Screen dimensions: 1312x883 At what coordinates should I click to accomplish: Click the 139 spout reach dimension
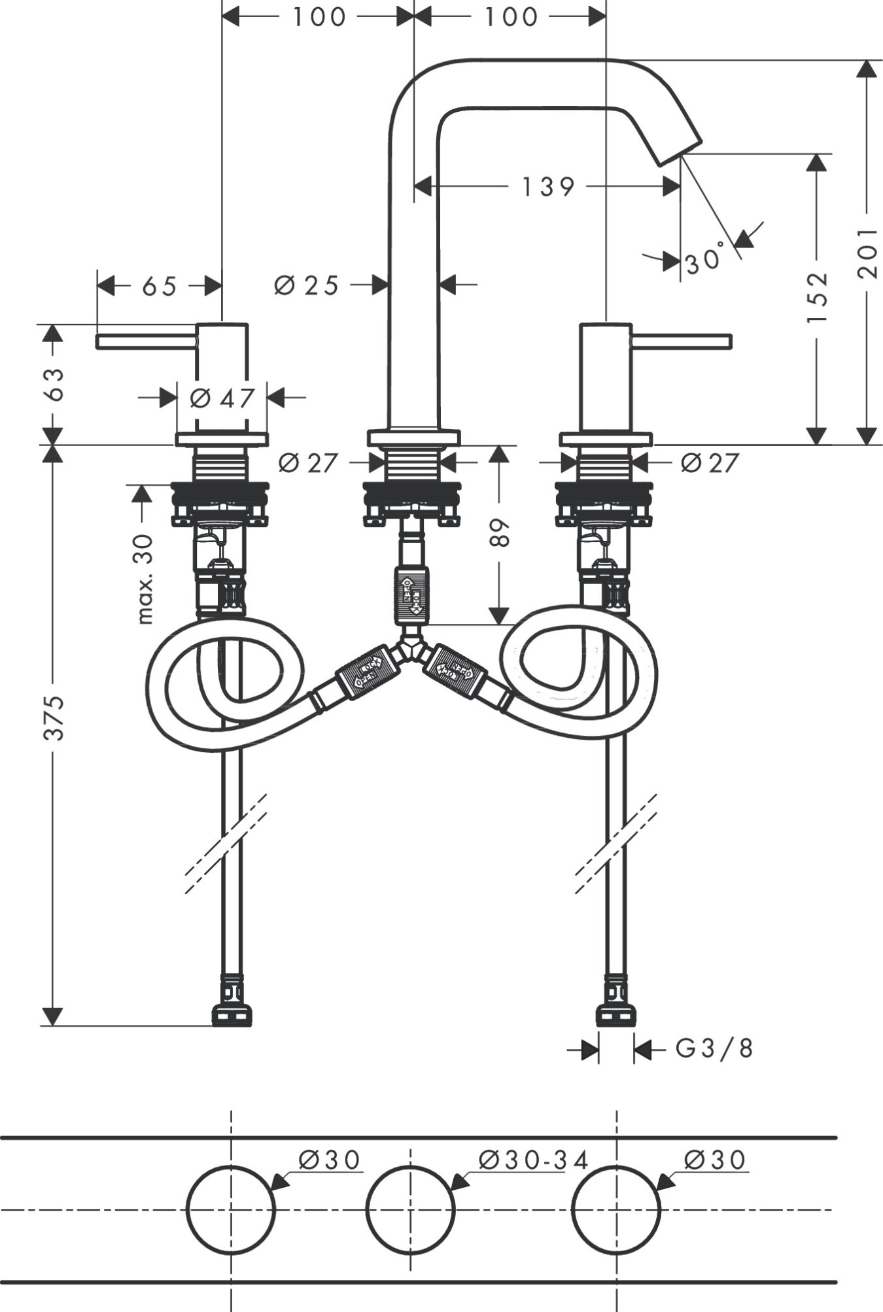click(547, 188)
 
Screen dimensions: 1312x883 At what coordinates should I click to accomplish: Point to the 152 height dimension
click(816, 298)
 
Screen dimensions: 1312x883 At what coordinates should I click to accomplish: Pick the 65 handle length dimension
click(159, 286)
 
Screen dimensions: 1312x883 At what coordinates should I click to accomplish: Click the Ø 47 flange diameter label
click(222, 398)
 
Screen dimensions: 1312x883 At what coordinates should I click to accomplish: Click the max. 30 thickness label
click(145, 579)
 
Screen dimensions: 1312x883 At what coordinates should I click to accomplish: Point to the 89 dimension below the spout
click(500, 533)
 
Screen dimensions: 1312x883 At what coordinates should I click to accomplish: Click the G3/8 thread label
click(714, 1049)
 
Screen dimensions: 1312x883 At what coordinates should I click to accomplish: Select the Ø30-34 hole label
click(533, 1160)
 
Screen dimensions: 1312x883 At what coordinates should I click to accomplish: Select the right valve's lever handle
click(680, 341)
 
